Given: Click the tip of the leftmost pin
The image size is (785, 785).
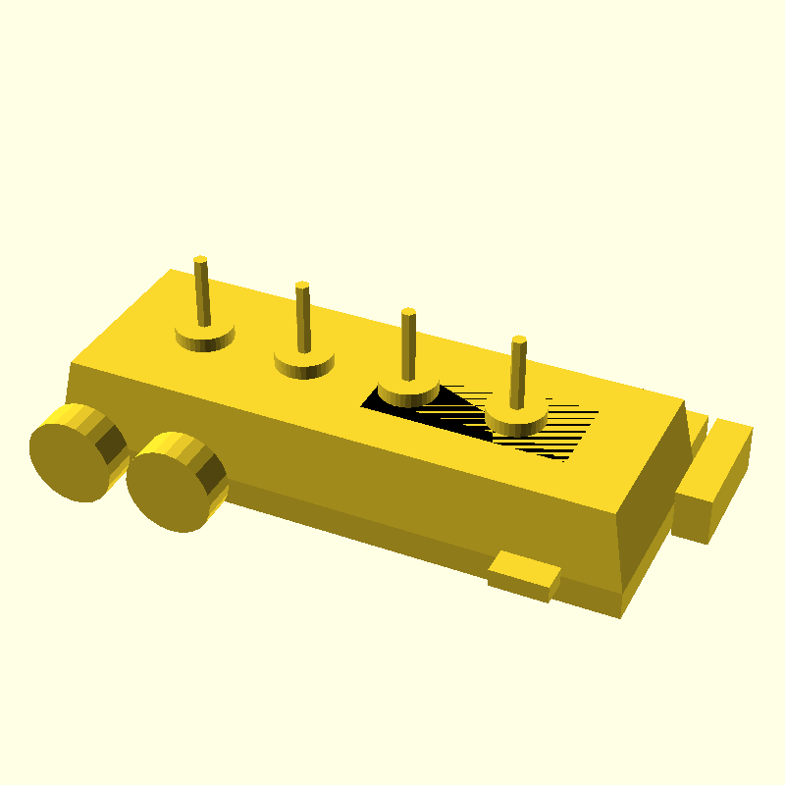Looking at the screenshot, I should click(200, 260).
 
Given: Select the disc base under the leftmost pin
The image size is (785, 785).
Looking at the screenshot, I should click(205, 336).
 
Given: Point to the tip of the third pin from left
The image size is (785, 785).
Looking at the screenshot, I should click(408, 313).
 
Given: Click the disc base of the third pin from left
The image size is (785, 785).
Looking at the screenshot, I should click(408, 391).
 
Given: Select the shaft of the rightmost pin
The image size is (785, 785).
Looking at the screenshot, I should click(517, 373).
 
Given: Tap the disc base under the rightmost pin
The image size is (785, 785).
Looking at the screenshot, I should click(516, 418).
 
